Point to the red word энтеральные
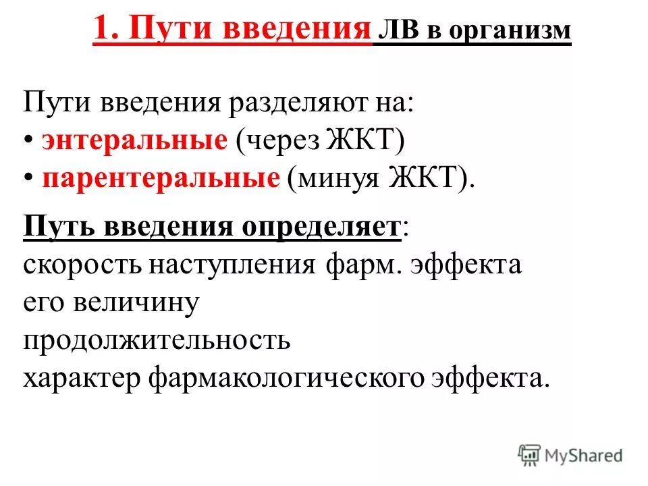pos(134,141)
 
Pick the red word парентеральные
pos(161,178)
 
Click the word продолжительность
pos(157,340)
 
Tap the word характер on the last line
pos(82,377)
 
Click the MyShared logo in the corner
pos(570,454)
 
